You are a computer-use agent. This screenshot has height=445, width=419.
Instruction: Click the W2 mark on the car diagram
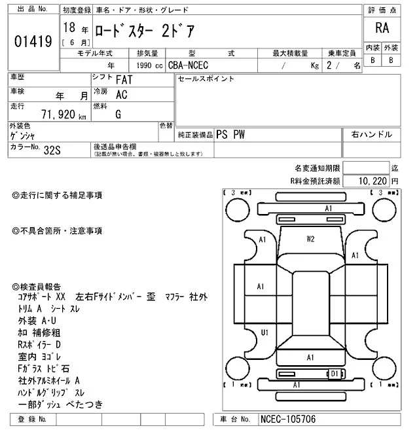point(311,239)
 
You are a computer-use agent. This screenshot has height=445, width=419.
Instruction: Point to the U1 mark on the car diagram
point(264,332)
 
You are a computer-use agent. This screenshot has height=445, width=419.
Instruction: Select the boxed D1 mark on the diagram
point(335,374)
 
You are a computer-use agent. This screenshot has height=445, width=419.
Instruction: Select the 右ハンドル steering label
point(371,134)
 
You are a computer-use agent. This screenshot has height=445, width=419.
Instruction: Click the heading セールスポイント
point(206,79)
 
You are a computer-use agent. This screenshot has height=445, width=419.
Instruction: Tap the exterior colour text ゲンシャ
point(24,135)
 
